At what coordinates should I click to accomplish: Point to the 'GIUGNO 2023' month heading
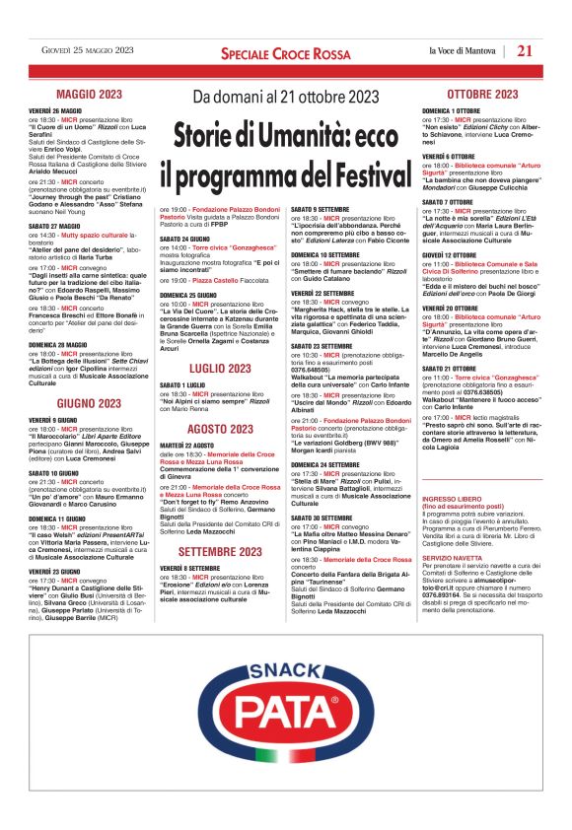click(89, 404)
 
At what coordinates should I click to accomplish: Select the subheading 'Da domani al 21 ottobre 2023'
click(285, 97)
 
